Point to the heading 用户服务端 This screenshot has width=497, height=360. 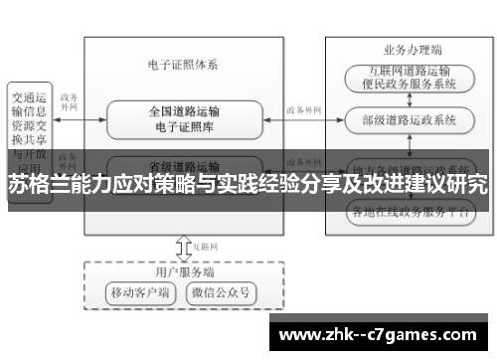point(183,270)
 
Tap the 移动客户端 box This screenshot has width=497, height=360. point(140,293)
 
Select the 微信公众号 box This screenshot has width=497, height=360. point(224,293)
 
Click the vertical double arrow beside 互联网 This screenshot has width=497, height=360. point(182,245)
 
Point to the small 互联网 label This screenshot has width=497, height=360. point(205,244)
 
